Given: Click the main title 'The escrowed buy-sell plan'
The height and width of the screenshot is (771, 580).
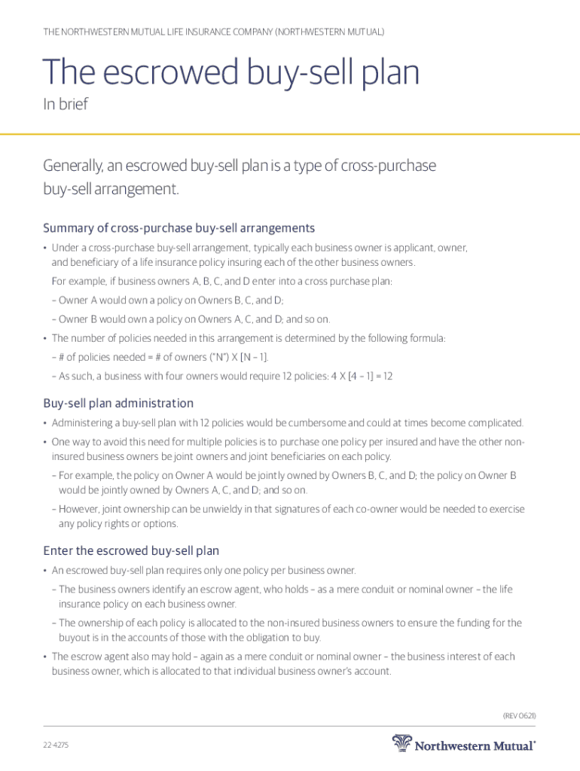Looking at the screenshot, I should tap(231, 74).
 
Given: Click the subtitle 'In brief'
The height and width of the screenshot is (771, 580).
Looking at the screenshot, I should tap(65, 105).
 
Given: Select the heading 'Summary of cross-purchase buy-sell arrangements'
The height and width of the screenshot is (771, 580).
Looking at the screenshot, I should tap(179, 228).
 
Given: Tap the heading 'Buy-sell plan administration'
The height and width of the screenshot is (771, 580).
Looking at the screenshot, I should tap(118, 404).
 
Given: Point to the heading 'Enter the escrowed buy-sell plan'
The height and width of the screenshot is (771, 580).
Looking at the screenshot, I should tap(131, 551).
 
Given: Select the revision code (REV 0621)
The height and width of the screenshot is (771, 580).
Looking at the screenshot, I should tap(519, 715).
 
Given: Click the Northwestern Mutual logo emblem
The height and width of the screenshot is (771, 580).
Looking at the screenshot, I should tap(403, 744).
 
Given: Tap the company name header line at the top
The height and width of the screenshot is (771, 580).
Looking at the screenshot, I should tap(214, 32).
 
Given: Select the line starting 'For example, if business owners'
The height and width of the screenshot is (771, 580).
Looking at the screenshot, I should tap(222, 282).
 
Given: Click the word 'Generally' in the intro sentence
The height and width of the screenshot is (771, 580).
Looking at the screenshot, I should tap(76, 166).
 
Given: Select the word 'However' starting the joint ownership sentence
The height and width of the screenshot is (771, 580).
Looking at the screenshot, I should tap(81, 510).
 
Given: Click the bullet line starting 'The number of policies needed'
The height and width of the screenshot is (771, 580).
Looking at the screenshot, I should tap(249, 338).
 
